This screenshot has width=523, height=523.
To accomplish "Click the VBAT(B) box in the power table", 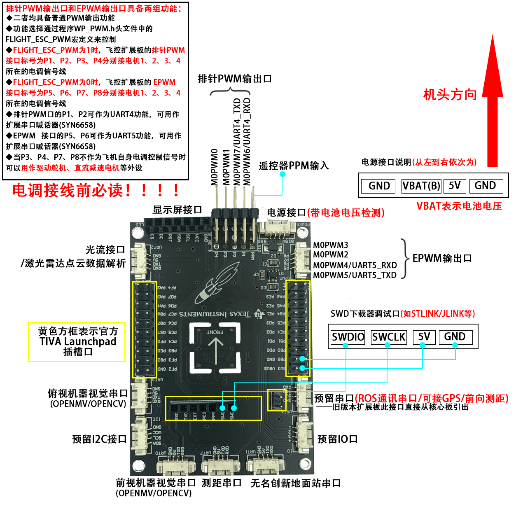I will (x=421, y=186).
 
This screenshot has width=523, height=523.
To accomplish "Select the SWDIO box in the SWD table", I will (x=348, y=337).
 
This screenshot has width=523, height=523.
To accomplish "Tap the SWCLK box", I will (x=388, y=337).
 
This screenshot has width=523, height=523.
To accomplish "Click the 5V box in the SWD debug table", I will (x=424, y=337).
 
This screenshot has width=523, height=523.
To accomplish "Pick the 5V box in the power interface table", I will (x=455, y=186).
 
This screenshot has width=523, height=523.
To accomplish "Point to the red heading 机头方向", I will (x=450, y=95).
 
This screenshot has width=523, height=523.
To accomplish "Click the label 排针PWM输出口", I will (x=235, y=79).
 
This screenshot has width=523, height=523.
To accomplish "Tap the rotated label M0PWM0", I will (x=214, y=167).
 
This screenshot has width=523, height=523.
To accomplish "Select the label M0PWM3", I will (x=331, y=245).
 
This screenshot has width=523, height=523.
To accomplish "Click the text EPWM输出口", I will (x=442, y=258).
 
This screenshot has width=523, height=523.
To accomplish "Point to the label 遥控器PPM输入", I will (x=294, y=166).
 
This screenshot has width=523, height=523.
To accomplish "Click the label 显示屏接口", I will (x=177, y=210).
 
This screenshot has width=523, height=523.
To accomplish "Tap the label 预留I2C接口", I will (x=99, y=439).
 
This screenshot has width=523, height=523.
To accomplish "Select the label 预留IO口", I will (x=337, y=439).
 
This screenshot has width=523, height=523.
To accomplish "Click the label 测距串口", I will (x=222, y=483).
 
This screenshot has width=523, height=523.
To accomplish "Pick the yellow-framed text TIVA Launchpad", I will (x=78, y=342).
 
